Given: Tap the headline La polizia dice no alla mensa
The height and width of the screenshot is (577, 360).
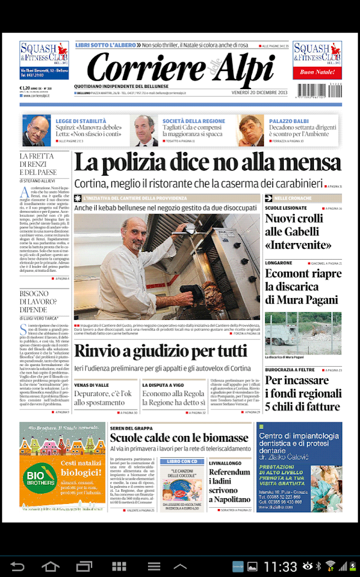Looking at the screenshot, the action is tap(208, 162).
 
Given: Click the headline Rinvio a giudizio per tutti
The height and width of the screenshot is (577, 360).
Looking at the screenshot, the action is tap(160, 351).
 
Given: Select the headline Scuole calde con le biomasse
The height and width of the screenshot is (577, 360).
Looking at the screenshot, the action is tap(179, 437).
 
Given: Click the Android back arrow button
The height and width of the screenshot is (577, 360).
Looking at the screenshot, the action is tap(17, 566).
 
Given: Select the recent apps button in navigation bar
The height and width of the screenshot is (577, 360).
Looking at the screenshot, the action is tap(84, 566).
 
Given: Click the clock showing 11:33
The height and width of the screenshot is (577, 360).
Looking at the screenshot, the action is tap(281, 567).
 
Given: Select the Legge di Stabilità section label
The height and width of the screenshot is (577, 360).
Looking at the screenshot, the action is tap(81, 121).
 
